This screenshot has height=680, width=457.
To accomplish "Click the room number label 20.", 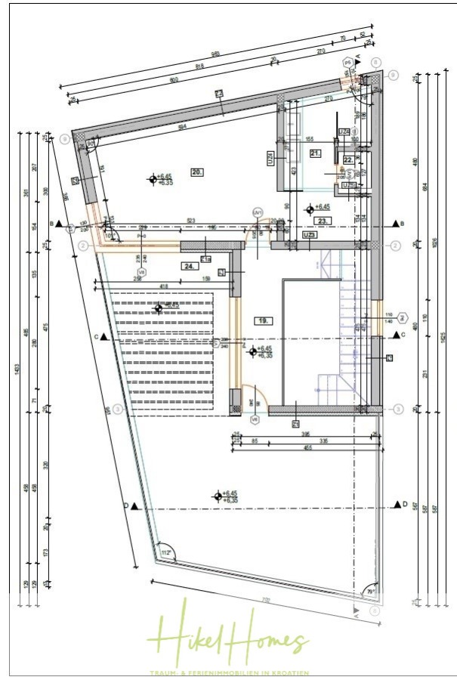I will [x=197, y=172].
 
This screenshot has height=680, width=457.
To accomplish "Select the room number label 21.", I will [x=316, y=153].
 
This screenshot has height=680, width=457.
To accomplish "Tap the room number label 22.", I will [x=348, y=159].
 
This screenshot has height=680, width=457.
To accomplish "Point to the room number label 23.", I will [x=323, y=221].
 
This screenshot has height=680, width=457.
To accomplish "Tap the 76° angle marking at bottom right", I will [x=370, y=591].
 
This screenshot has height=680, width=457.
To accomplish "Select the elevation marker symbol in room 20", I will [x=153, y=179].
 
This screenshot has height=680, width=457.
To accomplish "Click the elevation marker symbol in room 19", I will [x=252, y=351].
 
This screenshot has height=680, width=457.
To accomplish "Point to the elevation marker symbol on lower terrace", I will [x=217, y=496].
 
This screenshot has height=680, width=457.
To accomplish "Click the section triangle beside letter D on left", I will [x=135, y=506].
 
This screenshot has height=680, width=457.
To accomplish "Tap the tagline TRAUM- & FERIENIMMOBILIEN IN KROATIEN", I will [x=231, y=672].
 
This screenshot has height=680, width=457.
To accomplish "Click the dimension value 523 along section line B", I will [x=192, y=221].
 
